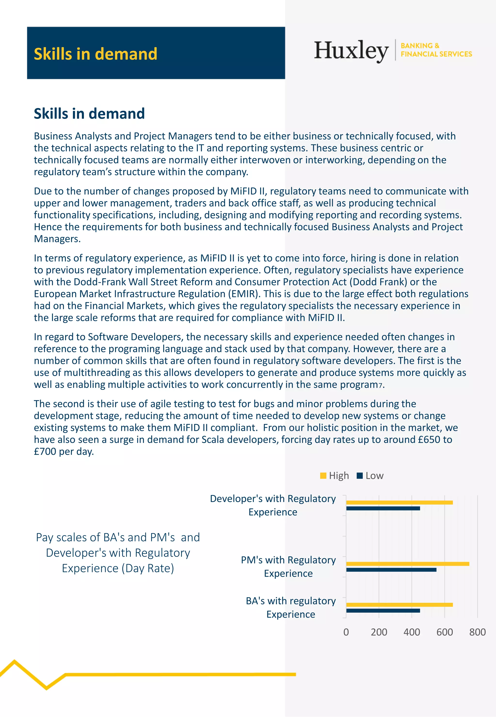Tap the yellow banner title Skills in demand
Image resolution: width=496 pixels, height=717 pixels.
click(95, 54)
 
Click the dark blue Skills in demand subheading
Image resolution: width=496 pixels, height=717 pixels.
click(89, 113)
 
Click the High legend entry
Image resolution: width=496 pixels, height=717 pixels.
click(335, 475)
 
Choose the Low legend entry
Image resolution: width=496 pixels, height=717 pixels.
click(371, 475)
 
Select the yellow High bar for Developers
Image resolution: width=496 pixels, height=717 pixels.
click(399, 503)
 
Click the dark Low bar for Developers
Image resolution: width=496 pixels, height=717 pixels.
click(383, 509)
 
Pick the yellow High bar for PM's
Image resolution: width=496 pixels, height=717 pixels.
click(407, 564)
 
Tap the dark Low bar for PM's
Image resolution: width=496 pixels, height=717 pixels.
click(391, 570)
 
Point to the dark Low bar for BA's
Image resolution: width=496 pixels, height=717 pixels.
click(383, 611)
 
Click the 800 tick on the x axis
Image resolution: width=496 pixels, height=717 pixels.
click(477, 632)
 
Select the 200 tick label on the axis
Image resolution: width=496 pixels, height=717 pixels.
click(379, 632)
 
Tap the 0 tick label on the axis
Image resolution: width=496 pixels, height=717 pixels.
click(346, 632)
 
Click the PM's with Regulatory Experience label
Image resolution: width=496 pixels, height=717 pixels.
click(288, 567)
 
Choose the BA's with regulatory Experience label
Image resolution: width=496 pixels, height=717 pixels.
click(291, 607)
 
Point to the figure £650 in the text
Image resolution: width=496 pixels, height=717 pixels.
click(429, 440)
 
